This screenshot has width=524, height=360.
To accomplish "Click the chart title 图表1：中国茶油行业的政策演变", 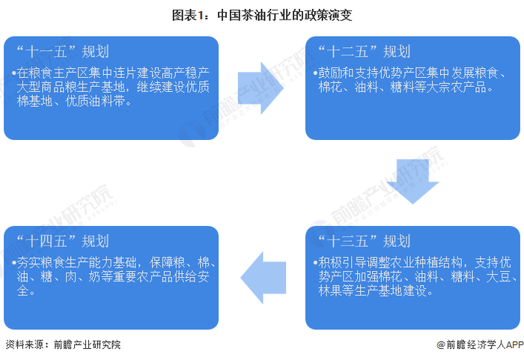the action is tap(262, 13).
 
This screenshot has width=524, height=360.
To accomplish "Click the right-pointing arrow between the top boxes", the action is tap(261, 88).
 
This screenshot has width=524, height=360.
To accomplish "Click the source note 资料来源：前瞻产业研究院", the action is tap(62, 345).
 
